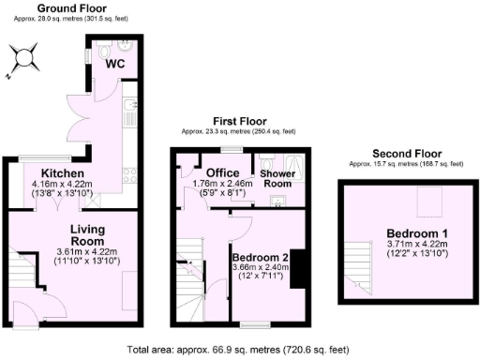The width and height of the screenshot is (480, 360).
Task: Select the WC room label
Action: pos(115,64)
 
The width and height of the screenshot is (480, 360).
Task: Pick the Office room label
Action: pos(223,172)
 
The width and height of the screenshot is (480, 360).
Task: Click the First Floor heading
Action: pos(241,121)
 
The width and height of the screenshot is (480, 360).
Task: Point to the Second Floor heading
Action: pos(406,153)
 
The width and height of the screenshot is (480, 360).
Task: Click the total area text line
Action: pos(238,350)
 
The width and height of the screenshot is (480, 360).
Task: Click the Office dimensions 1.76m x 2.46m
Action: pos(223,184)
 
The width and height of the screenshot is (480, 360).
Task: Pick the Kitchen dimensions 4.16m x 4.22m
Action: pos(63,185)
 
